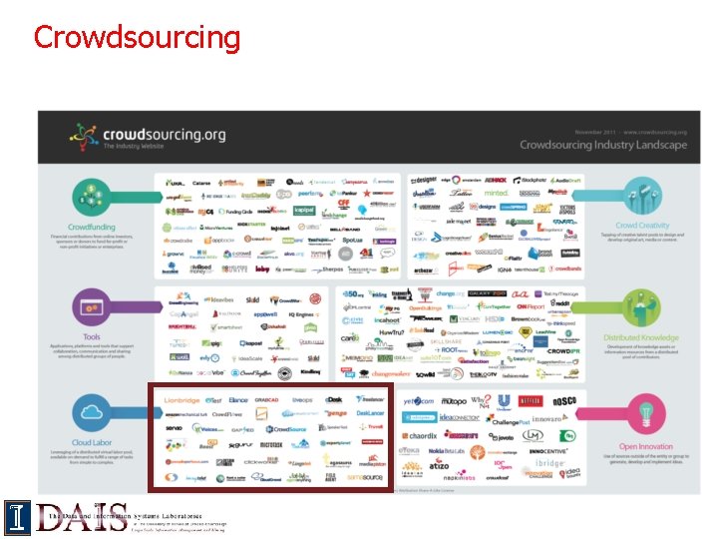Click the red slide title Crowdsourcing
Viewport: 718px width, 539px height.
pos(137,37)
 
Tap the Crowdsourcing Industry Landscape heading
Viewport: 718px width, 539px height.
pos(602,145)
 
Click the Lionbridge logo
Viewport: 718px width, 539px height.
pos(180,399)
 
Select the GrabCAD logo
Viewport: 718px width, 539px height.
pos(266,399)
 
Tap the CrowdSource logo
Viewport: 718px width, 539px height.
pos(289,428)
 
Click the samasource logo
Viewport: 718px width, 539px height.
pos(366,478)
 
